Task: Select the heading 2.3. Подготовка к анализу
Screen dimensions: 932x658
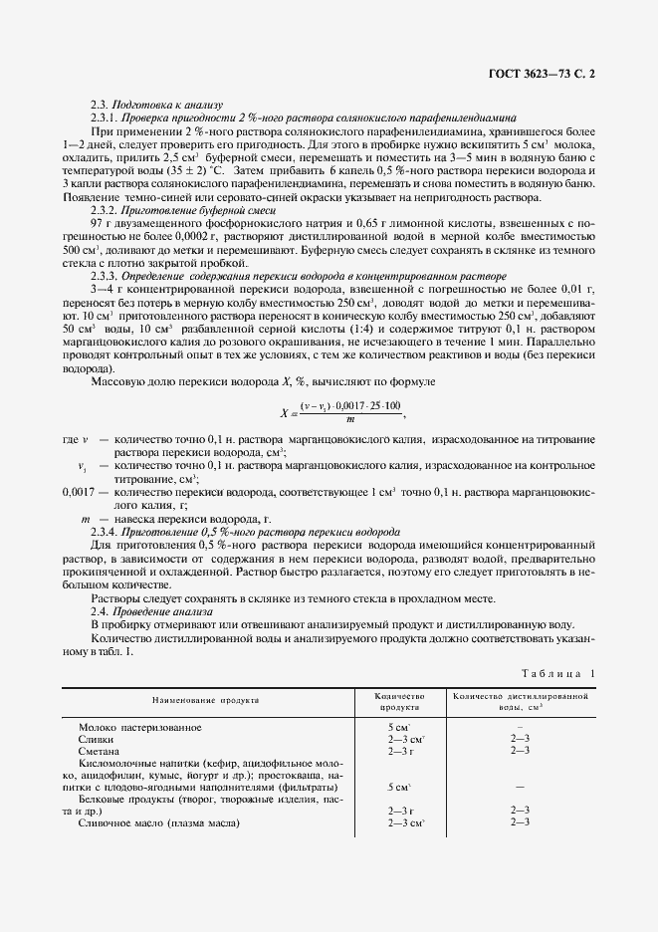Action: pos(156,105)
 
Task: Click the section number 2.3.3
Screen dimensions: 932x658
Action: pos(105,275)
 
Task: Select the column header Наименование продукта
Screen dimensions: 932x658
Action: pos(205,699)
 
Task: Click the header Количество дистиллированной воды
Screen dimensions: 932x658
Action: pos(524,699)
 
